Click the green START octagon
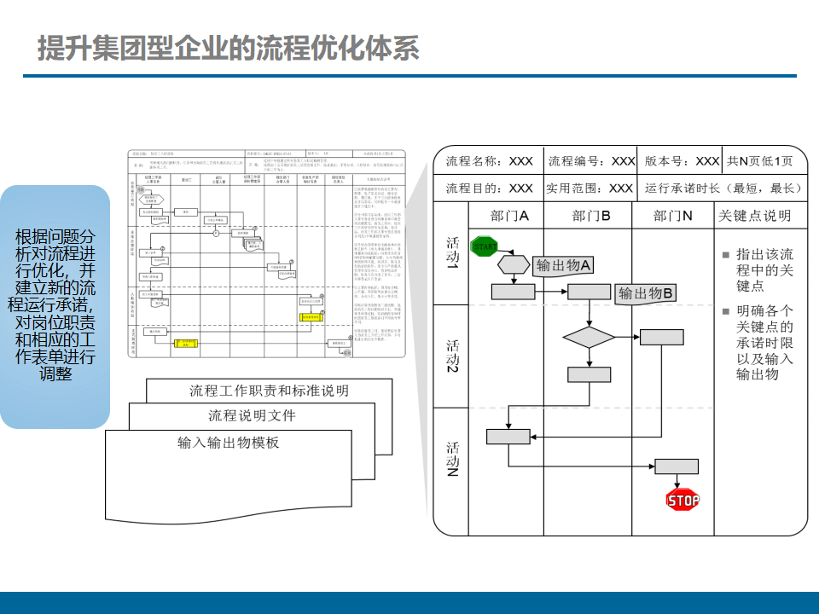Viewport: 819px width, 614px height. (x=484, y=246)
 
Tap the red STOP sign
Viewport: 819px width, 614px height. (x=682, y=500)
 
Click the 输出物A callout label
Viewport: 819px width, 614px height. (x=563, y=266)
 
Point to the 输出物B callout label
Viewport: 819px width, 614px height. (x=646, y=294)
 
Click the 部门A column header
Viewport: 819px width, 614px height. (x=510, y=216)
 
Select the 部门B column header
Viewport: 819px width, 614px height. (x=591, y=216)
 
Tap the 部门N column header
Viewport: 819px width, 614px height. (x=673, y=216)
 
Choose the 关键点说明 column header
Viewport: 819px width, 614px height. (x=755, y=216)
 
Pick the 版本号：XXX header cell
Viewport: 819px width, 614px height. (x=682, y=161)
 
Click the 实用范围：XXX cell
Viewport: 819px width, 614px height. (x=590, y=188)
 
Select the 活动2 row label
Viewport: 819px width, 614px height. (x=453, y=356)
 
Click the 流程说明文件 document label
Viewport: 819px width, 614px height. (x=252, y=416)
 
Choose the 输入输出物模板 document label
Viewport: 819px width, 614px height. (x=229, y=443)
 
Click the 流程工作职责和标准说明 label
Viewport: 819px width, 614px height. (x=269, y=391)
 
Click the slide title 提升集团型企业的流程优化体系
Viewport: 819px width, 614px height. (x=229, y=48)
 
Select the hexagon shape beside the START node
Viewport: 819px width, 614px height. (x=514, y=262)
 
